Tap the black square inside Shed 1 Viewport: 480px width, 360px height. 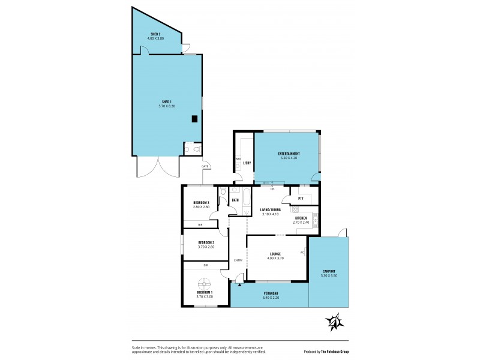point(195,119)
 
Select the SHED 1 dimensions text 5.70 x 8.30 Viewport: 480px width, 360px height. point(166,106)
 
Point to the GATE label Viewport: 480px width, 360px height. point(205,166)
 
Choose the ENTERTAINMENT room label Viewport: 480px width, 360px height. point(289,154)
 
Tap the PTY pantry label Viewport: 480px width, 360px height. point(301,198)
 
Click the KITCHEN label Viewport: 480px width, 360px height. point(301,218)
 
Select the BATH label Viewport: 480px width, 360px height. point(236,199)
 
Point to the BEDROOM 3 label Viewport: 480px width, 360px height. point(200,203)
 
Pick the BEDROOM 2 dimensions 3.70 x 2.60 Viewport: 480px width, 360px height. point(206,247)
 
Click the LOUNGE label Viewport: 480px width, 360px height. point(275,254)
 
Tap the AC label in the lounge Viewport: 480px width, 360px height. point(302,252)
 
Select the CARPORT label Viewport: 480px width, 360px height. point(328,271)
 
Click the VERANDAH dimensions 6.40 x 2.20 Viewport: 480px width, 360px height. point(272,298)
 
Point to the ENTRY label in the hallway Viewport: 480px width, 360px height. point(238,260)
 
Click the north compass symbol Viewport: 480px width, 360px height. point(334,322)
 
